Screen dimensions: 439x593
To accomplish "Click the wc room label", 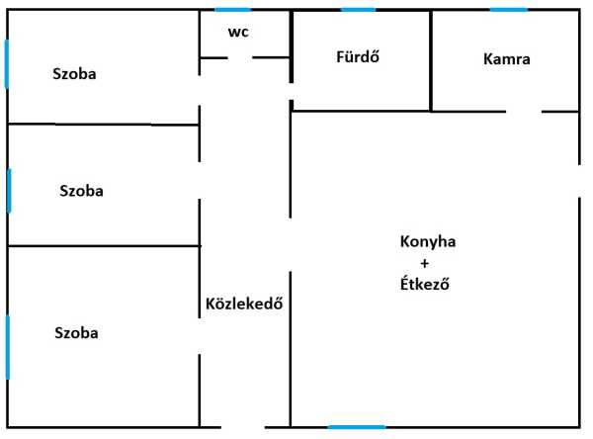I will (238, 32).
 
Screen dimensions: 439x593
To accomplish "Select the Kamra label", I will (507, 58).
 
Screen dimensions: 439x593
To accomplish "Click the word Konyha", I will (428, 242).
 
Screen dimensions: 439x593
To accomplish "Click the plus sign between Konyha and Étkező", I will (425, 263).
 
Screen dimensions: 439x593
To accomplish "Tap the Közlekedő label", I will (244, 304).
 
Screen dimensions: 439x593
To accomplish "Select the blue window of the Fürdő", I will (358, 10).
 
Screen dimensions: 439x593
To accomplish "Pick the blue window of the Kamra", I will (508, 10).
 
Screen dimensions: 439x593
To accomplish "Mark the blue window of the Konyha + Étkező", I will (356, 427).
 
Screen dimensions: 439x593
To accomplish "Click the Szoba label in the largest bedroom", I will (76, 333).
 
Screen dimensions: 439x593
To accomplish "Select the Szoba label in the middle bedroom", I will (81, 191).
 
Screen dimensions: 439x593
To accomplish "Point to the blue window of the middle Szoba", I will (9, 190).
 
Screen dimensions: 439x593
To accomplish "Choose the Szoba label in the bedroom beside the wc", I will (76, 74).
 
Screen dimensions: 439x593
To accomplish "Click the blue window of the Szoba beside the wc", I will (7, 64).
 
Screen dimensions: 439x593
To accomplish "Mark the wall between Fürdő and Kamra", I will (431, 59).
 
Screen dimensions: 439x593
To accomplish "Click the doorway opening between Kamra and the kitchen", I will (525, 112).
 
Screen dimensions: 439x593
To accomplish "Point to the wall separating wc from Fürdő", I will (291, 44).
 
